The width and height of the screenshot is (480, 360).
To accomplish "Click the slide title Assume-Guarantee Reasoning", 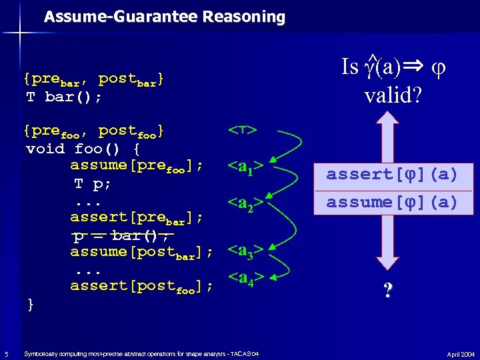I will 164,17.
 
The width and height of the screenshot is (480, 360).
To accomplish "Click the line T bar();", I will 64,97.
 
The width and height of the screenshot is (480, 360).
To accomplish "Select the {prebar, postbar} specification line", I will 93,80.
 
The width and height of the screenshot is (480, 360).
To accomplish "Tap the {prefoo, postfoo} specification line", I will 93,131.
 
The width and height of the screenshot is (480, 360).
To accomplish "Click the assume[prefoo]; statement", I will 137,165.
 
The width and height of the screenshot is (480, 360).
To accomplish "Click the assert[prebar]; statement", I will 137,217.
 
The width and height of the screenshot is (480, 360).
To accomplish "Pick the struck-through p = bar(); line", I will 123,235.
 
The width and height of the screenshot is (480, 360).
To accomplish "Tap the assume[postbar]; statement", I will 141,252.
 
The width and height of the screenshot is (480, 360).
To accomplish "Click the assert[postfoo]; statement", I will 141,287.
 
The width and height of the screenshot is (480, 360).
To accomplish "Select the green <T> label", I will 243,131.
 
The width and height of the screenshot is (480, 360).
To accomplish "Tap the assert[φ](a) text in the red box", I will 392,175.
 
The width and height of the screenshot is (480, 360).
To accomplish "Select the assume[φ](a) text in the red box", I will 392,202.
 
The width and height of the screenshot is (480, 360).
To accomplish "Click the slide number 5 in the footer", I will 5,353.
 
